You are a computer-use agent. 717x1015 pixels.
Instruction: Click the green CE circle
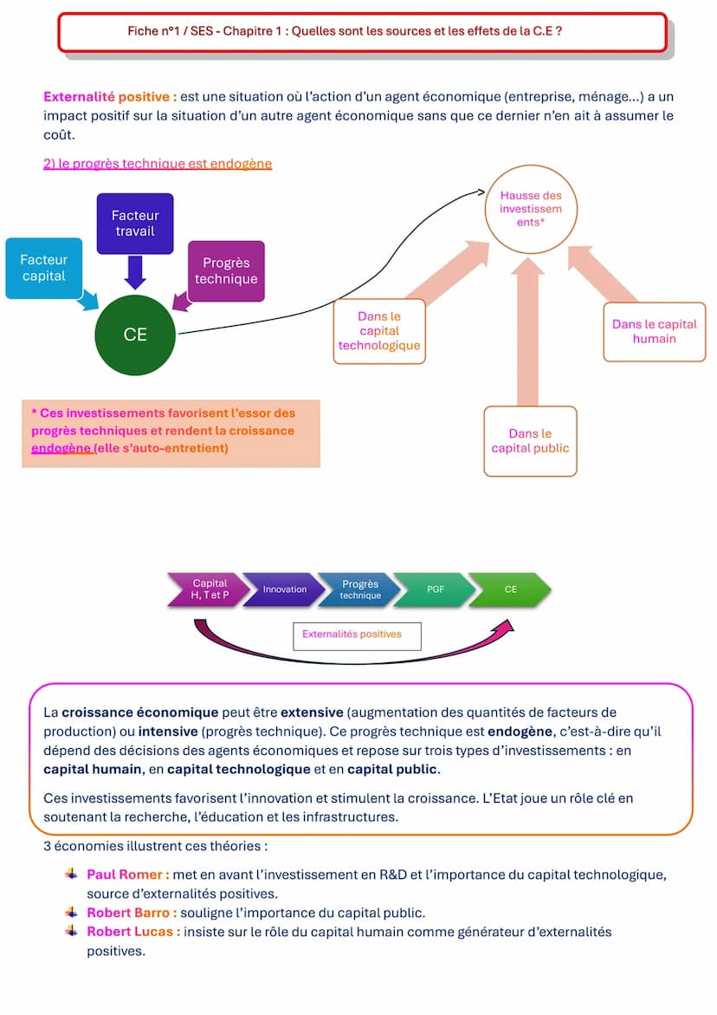click(x=135, y=335)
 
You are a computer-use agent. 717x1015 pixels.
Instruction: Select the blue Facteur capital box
click(x=44, y=268)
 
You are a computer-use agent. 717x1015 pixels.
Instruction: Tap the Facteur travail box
click(x=135, y=223)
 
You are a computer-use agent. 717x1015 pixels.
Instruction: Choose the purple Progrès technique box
click(x=226, y=270)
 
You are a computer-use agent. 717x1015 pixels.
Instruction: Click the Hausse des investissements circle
click(x=531, y=209)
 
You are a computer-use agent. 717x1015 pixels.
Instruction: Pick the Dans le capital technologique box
click(x=379, y=331)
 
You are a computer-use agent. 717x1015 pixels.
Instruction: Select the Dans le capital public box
click(x=530, y=440)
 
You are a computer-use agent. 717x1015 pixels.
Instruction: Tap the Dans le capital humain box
click(x=654, y=331)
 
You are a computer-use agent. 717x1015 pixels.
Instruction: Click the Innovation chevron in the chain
click(x=285, y=589)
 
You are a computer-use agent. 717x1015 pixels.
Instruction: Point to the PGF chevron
click(x=435, y=589)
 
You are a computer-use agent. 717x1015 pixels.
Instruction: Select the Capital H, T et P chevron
click(x=209, y=589)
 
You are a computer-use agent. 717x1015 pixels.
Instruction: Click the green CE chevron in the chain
click(x=511, y=589)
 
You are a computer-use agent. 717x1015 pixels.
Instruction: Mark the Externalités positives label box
click(x=357, y=635)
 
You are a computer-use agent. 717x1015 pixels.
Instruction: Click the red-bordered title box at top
click(x=362, y=32)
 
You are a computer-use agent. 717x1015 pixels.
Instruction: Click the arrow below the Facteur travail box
click(x=135, y=272)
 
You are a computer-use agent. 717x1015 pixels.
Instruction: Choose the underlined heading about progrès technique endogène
click(x=158, y=163)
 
